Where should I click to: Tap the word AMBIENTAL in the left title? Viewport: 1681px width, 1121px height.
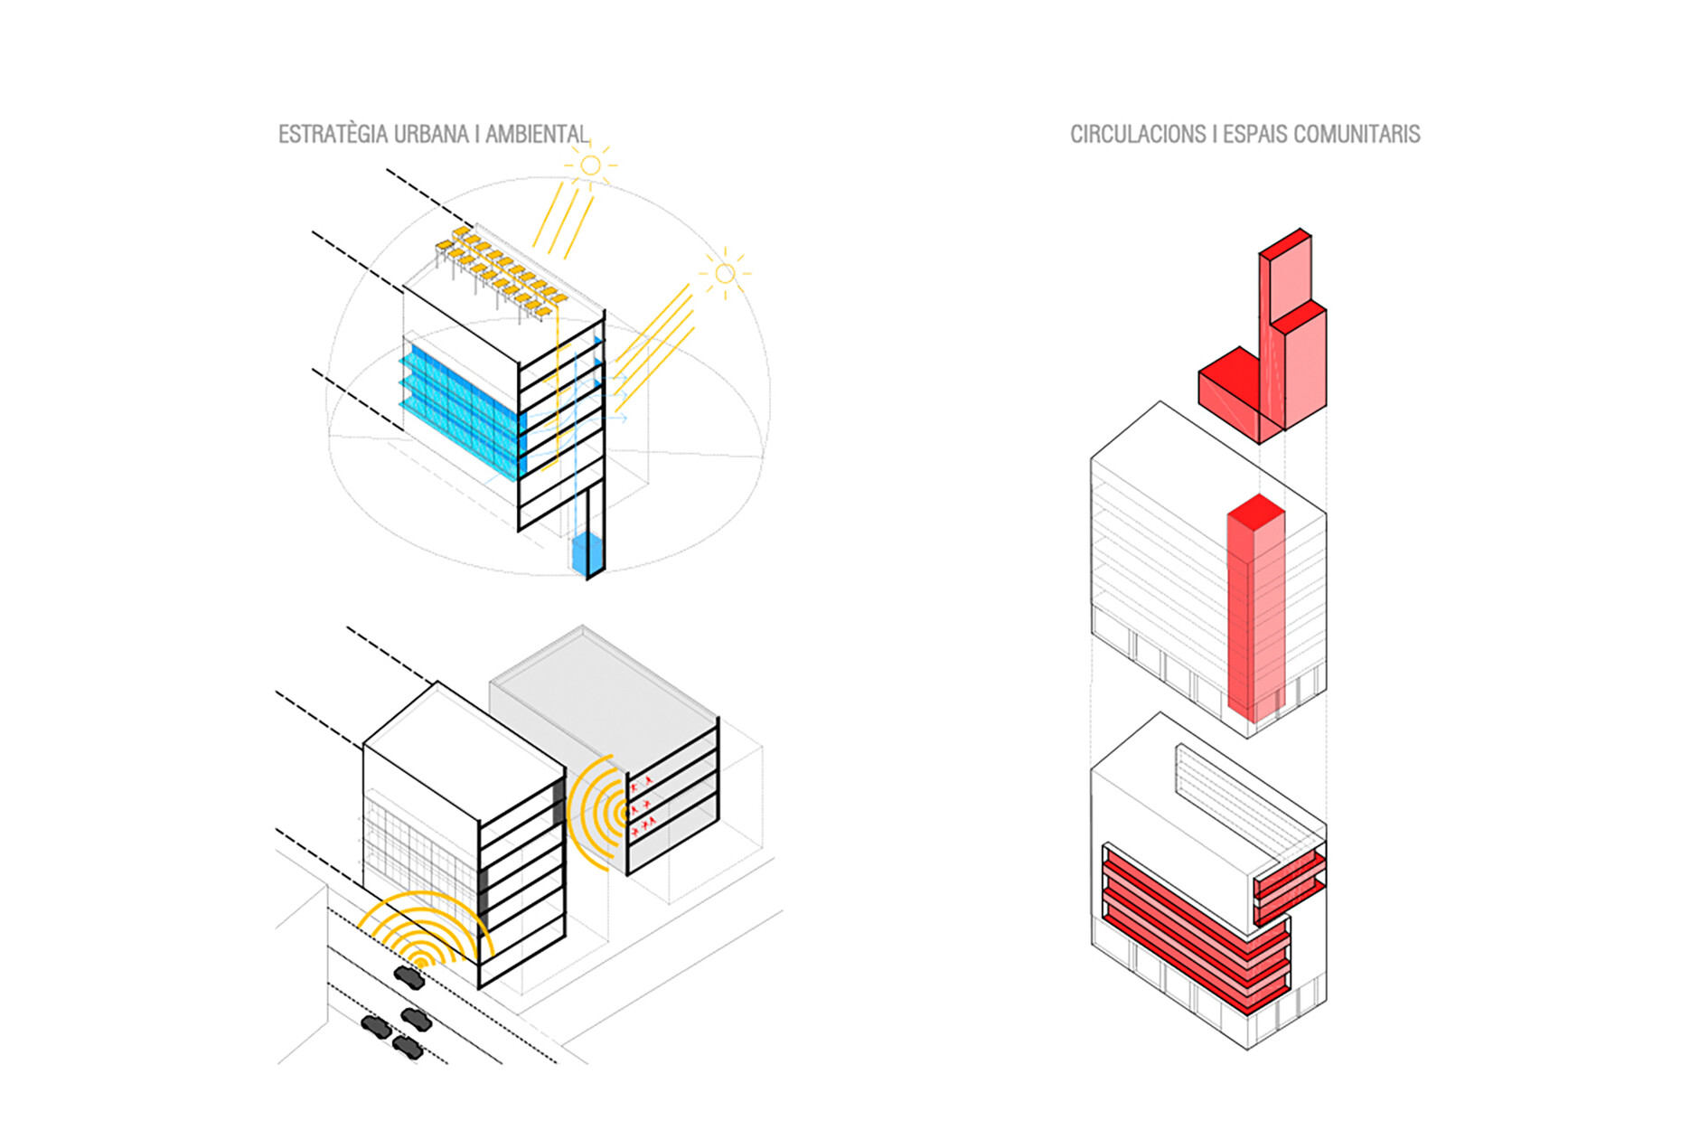[537, 135]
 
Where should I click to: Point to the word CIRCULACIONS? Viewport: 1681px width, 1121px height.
[1138, 135]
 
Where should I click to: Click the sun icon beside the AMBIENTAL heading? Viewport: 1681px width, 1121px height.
[590, 165]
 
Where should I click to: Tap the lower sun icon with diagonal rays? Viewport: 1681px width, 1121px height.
[725, 273]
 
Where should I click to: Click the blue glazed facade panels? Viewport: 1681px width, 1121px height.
[461, 407]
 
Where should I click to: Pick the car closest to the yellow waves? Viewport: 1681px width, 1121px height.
[409, 977]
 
